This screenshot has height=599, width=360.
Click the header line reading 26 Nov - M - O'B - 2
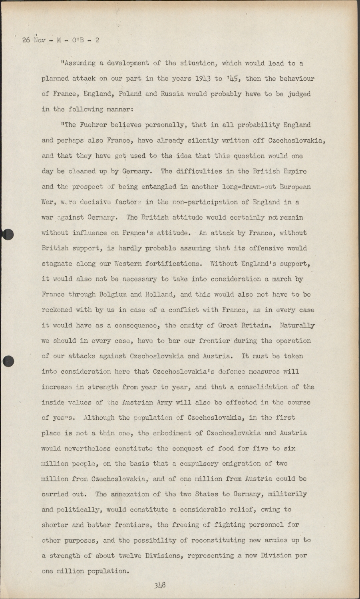tap(61, 40)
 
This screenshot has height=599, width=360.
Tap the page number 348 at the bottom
tap(160, 585)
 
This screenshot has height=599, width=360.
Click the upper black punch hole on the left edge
tap(8, 234)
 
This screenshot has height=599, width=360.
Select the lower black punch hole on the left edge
tap(8, 361)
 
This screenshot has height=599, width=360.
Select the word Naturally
tap(297, 325)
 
